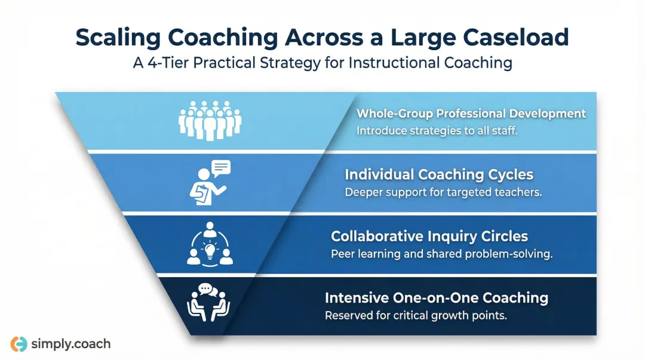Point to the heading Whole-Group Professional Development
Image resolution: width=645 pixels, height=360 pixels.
(471, 113)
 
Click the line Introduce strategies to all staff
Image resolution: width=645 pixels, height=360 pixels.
(437, 130)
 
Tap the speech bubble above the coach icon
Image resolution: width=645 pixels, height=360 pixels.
(220, 168)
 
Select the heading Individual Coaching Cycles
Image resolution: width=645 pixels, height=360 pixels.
(439, 175)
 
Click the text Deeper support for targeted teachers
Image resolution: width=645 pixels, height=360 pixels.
(443, 192)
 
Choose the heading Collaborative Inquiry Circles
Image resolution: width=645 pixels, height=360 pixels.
(429, 236)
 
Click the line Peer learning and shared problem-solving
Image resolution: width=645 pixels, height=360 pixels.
(441, 254)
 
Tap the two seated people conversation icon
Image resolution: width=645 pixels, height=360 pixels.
(209, 303)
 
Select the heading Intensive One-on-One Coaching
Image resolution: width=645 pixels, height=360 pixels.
(436, 297)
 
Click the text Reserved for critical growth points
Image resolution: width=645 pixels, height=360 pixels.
(416, 315)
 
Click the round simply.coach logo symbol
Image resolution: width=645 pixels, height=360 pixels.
(19, 344)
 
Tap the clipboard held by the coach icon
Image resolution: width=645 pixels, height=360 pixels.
(199, 192)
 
